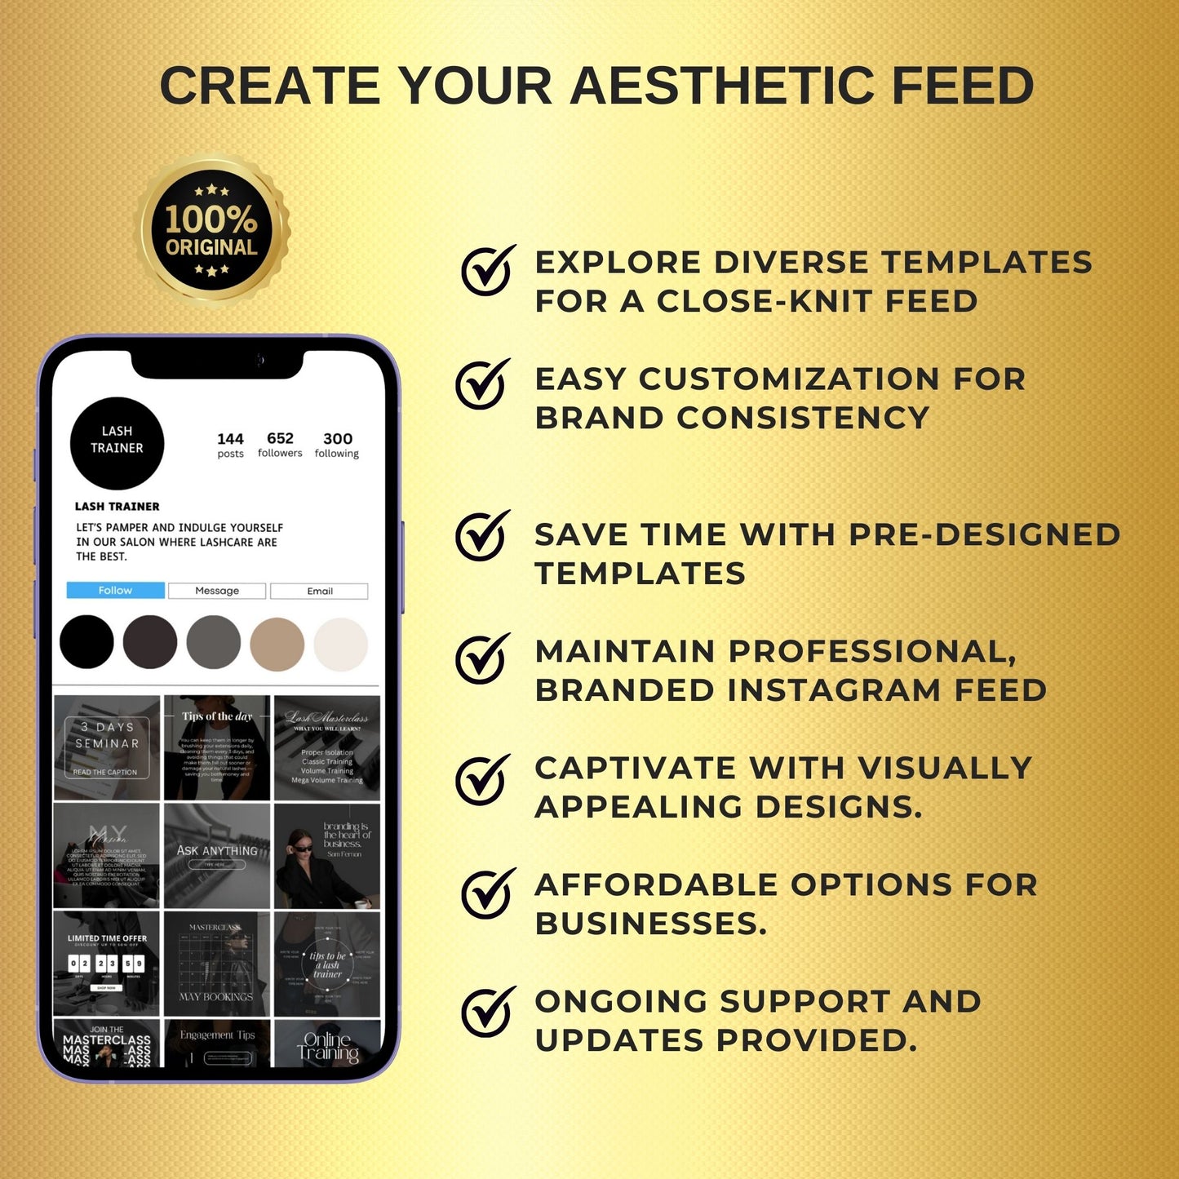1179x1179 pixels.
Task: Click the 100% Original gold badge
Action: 212,231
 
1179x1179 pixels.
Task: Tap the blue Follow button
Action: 115,591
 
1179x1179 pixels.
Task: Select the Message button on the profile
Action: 217,591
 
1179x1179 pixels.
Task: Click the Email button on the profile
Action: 319,592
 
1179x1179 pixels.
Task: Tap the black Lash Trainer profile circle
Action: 117,442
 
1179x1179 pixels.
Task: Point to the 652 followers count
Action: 280,445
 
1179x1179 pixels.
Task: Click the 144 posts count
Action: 230,445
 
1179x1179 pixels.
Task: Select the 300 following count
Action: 337,445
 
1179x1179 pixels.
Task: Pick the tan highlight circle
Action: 277,644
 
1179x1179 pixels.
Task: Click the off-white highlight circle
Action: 341,644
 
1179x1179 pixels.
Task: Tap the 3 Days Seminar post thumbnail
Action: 107,747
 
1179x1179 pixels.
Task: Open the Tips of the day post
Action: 217,747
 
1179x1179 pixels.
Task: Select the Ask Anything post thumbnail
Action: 217,856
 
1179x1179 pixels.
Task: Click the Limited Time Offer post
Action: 107,964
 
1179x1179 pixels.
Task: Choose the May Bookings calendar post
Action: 217,964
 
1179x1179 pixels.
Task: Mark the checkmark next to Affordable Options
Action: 487,893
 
